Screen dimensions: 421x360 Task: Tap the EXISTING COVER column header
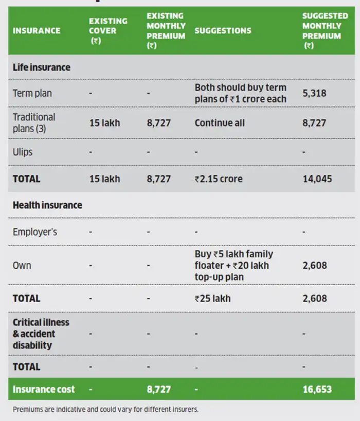click(x=108, y=31)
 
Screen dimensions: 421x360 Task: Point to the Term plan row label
click(x=32, y=94)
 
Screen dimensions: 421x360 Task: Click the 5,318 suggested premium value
click(x=314, y=94)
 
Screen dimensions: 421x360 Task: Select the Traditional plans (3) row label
click(x=34, y=123)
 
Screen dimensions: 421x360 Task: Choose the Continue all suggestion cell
click(x=220, y=123)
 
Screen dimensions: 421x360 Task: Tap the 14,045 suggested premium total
click(x=317, y=179)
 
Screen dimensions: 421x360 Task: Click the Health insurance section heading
click(x=47, y=205)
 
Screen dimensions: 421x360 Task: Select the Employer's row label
click(x=35, y=232)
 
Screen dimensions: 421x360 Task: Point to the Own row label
click(x=22, y=266)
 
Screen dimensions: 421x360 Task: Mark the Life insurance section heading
click(x=42, y=67)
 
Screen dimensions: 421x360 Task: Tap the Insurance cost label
click(x=44, y=389)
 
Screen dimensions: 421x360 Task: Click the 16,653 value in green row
click(x=317, y=389)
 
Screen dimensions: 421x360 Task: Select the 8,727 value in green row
click(x=158, y=389)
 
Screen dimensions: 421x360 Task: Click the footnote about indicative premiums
click(x=105, y=410)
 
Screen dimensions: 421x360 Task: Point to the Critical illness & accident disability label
click(x=41, y=334)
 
